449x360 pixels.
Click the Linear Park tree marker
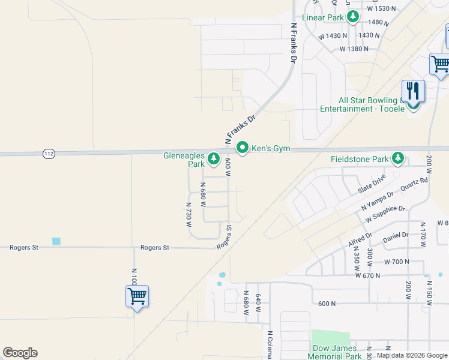(354, 17)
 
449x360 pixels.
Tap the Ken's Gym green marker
(243, 148)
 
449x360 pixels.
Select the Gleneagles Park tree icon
(213, 159)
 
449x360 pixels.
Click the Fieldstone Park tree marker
(397, 159)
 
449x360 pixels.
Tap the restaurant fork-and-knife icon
(413, 91)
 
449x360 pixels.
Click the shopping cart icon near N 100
(137, 296)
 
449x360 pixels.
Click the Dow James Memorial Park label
(335, 352)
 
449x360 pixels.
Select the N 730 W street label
(188, 214)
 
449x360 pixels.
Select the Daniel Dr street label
(396, 236)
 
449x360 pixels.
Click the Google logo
(20, 353)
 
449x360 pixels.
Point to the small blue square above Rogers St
(56, 241)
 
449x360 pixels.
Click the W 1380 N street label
(354, 49)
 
